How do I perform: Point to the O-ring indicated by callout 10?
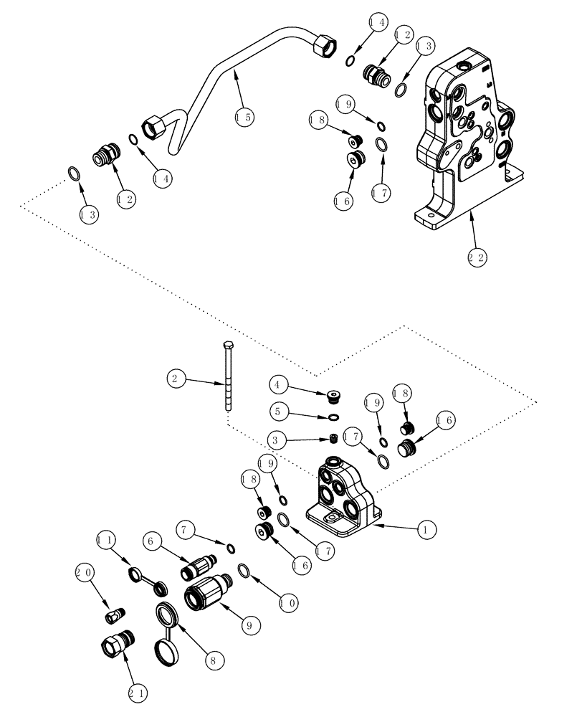(x=244, y=570)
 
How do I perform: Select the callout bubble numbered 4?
(x=281, y=385)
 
